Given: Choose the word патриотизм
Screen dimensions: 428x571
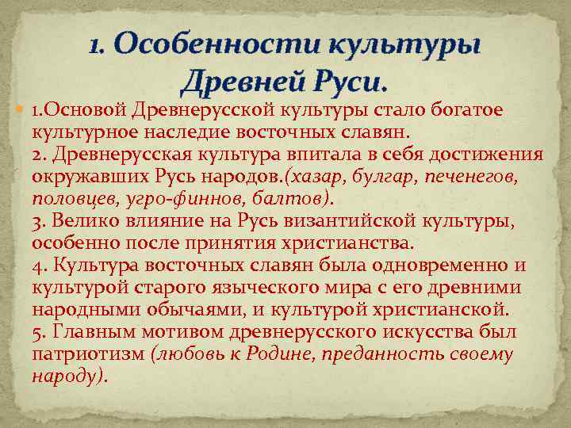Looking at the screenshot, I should pos(87,354).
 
